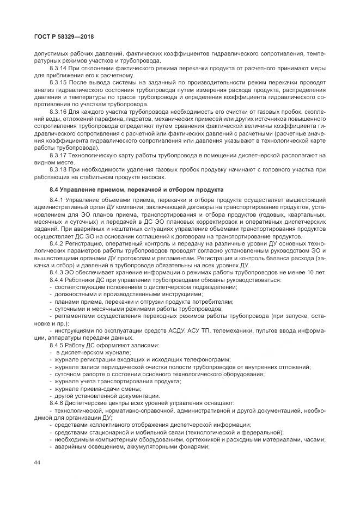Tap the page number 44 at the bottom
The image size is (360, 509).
pos(37,462)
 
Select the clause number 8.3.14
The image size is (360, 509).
pos(58,69)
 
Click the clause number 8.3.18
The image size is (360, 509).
pos(58,169)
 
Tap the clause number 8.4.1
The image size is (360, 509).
pos(57,202)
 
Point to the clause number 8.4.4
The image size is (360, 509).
pos(57,279)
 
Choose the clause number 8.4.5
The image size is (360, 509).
pos(57,345)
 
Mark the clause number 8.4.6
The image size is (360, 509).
pos(57,403)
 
